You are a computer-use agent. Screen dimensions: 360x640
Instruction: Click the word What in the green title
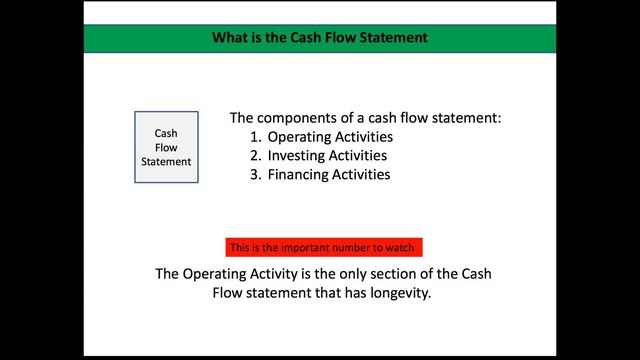(229, 39)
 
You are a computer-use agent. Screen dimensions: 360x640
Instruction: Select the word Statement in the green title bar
(389, 39)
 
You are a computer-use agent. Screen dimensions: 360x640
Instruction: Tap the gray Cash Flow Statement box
(166, 147)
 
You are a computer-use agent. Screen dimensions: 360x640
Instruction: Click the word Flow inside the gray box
(166, 147)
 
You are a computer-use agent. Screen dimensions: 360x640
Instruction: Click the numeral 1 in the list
(256, 137)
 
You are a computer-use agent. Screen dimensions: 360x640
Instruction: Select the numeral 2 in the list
(256, 155)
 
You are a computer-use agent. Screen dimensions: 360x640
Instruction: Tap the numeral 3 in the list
(256, 174)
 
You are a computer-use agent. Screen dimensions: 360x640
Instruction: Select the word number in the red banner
(354, 247)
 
